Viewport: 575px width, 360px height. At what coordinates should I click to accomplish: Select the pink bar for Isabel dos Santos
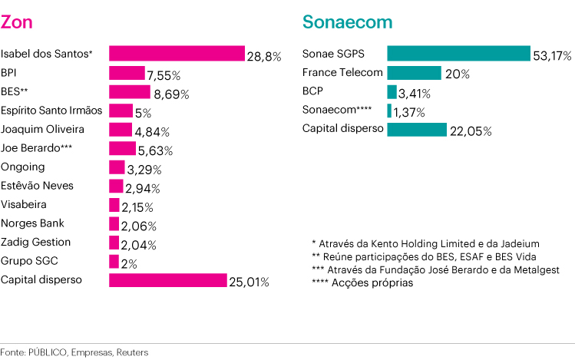(x=177, y=53)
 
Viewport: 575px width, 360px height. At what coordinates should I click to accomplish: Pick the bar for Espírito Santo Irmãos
(x=121, y=110)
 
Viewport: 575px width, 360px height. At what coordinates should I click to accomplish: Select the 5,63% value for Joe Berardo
(x=155, y=150)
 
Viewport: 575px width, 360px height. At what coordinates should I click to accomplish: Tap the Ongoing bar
(x=117, y=167)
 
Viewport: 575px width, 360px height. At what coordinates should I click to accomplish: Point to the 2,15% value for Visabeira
(x=137, y=207)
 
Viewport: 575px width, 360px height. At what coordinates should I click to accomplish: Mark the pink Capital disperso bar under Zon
(x=167, y=280)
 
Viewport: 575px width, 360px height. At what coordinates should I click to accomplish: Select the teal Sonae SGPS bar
(x=458, y=53)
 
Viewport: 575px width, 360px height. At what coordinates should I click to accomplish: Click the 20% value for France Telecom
(x=457, y=75)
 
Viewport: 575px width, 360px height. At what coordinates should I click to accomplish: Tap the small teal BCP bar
(x=392, y=92)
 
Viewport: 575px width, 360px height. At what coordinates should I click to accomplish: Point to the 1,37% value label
(x=409, y=113)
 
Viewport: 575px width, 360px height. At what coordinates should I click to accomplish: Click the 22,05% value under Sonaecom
(x=470, y=131)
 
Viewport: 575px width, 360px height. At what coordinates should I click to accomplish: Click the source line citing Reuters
(x=74, y=352)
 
